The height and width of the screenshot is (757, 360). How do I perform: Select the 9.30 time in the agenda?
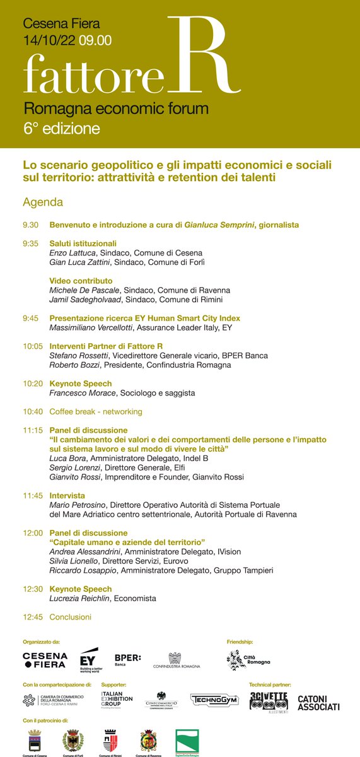coord(30,225)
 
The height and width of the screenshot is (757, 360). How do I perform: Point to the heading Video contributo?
coord(81,281)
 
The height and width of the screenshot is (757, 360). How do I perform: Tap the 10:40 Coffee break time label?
coord(32,411)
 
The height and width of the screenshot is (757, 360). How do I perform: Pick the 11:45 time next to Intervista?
coord(32,496)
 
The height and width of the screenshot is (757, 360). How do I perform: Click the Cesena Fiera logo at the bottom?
coord(45,660)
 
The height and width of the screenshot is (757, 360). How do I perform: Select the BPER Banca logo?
coord(127,660)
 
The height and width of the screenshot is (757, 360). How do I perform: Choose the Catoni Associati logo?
coord(318,702)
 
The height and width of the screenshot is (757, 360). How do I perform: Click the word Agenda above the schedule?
coord(43,202)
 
